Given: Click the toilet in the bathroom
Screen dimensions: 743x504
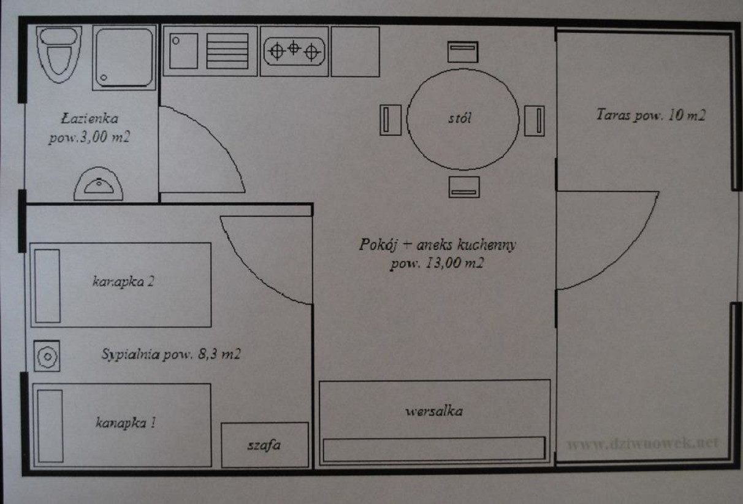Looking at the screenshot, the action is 59,55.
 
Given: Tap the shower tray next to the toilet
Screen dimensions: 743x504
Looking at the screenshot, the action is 124,58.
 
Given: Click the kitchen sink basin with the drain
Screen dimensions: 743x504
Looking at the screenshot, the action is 183,51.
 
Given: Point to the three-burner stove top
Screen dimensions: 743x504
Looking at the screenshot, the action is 294,51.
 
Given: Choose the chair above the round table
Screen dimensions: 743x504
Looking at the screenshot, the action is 463,52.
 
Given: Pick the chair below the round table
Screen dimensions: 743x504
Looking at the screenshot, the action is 464,187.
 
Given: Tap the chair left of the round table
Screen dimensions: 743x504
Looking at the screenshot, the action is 391,120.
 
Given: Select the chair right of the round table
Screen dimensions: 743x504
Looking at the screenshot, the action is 535,121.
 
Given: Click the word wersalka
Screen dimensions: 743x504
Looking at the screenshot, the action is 434,411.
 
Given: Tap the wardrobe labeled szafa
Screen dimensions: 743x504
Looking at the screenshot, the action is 265,445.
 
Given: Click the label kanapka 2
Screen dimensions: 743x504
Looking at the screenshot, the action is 123,281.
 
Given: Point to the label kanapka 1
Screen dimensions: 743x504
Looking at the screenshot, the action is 126,422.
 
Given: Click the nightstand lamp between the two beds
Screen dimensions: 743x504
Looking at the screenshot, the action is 47,356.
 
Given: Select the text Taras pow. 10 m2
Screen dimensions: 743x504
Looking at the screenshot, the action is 651,115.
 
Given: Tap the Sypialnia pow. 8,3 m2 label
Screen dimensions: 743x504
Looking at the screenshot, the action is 171,354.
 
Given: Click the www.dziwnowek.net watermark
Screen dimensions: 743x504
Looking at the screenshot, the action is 642,443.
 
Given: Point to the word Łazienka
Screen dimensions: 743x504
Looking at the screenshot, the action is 90,118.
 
